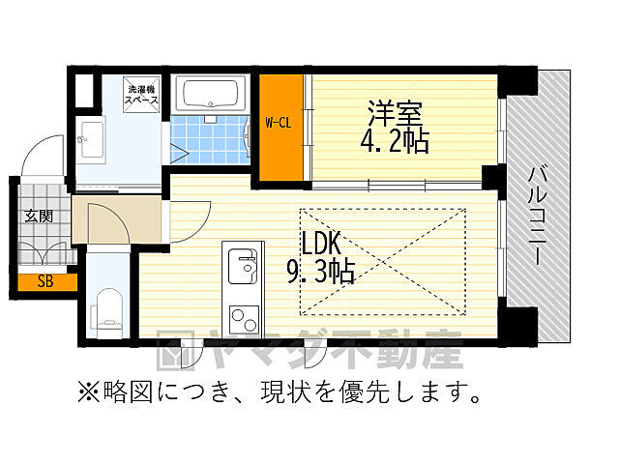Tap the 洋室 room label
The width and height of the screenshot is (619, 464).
point(395,112)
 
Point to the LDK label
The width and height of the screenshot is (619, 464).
point(318,241)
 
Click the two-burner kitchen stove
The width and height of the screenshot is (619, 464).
point(241,317)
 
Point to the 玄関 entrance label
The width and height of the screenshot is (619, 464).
point(39,216)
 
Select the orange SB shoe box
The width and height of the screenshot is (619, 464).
point(44,282)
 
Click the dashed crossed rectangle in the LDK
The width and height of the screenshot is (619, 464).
point(382,261)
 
